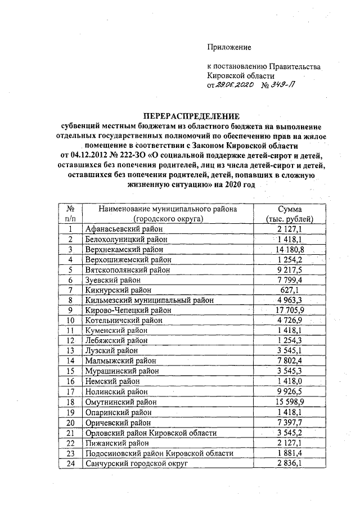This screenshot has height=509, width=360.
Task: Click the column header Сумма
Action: click(x=289, y=209)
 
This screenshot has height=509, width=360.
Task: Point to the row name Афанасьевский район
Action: click(x=124, y=229)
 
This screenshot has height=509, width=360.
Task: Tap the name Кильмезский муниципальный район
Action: click(x=149, y=300)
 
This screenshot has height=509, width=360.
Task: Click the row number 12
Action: click(x=70, y=341)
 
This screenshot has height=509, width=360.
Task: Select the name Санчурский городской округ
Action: click(x=136, y=463)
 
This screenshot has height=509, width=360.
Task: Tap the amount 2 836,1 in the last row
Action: click(x=289, y=463)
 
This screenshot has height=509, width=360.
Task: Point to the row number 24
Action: click(x=70, y=463)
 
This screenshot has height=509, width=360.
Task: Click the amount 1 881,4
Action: click(x=289, y=453)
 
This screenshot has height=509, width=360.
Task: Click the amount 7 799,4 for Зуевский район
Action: click(x=289, y=280)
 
